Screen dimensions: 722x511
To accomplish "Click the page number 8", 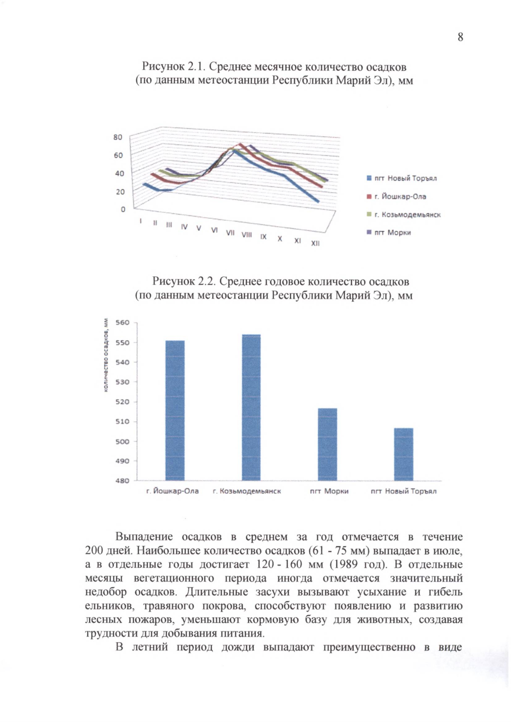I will coord(460,37).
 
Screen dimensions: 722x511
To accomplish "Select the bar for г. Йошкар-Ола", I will coord(175,410).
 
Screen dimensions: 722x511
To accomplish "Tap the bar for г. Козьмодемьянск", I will coord(251,407).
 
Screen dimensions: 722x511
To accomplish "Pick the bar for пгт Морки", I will coord(327,444).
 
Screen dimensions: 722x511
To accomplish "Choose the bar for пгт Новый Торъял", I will coord(403,454).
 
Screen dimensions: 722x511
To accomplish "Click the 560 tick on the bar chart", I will coord(122,323).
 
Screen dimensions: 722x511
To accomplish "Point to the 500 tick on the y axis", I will coord(122,441).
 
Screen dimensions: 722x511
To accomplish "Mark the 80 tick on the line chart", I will coord(118,137).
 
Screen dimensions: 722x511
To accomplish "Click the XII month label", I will coord(315,243).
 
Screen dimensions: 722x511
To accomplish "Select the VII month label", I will coord(230,233).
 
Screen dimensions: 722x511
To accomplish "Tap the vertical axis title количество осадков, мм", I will coord(106,355).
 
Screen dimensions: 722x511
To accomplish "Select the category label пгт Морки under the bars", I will coord(329,491).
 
